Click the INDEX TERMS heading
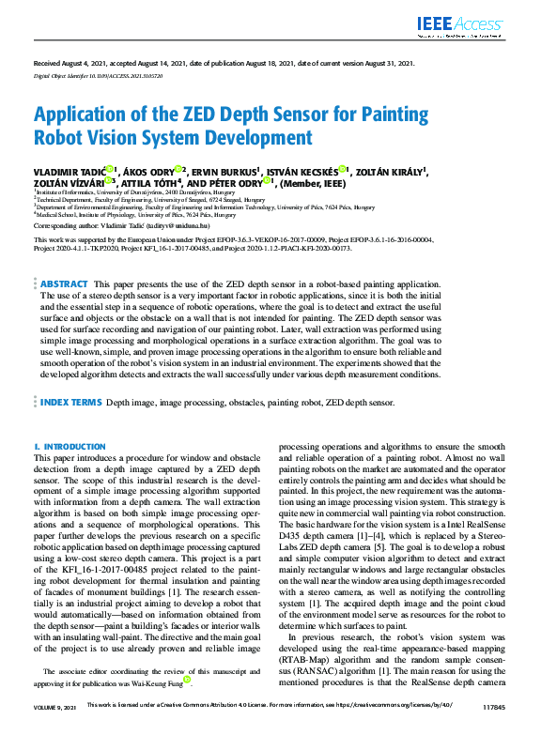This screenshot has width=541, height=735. [70, 402]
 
